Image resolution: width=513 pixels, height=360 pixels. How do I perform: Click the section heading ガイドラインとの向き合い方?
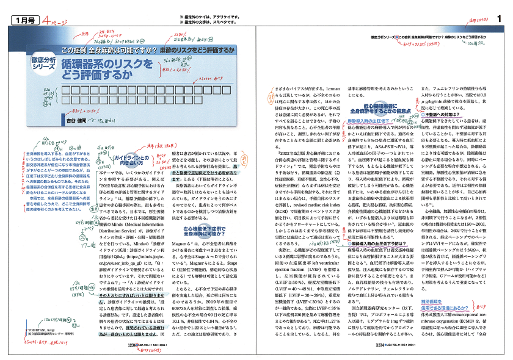click(x=128, y=162)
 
